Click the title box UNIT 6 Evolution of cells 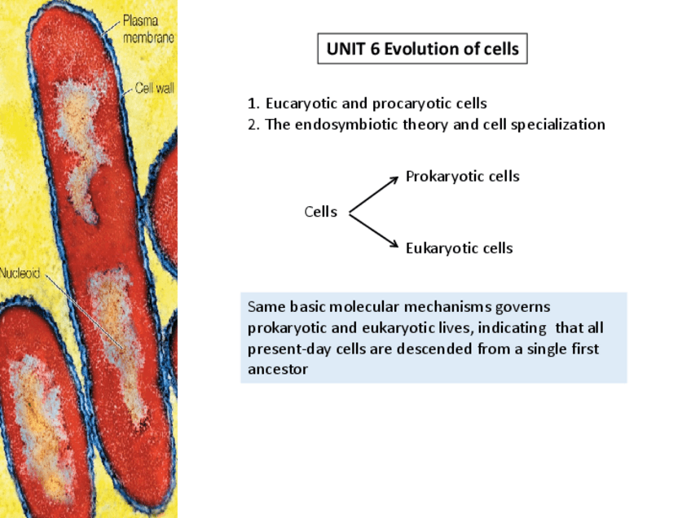coord(422,49)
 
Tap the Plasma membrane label coord(147,29)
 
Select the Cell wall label coord(154,88)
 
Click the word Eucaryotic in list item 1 coord(300,103)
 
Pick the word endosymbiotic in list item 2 coord(375,125)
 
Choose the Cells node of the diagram coord(320,212)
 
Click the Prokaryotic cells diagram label coord(462,176)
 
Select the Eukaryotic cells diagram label coord(459,248)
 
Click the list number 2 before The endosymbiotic coord(252,125)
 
